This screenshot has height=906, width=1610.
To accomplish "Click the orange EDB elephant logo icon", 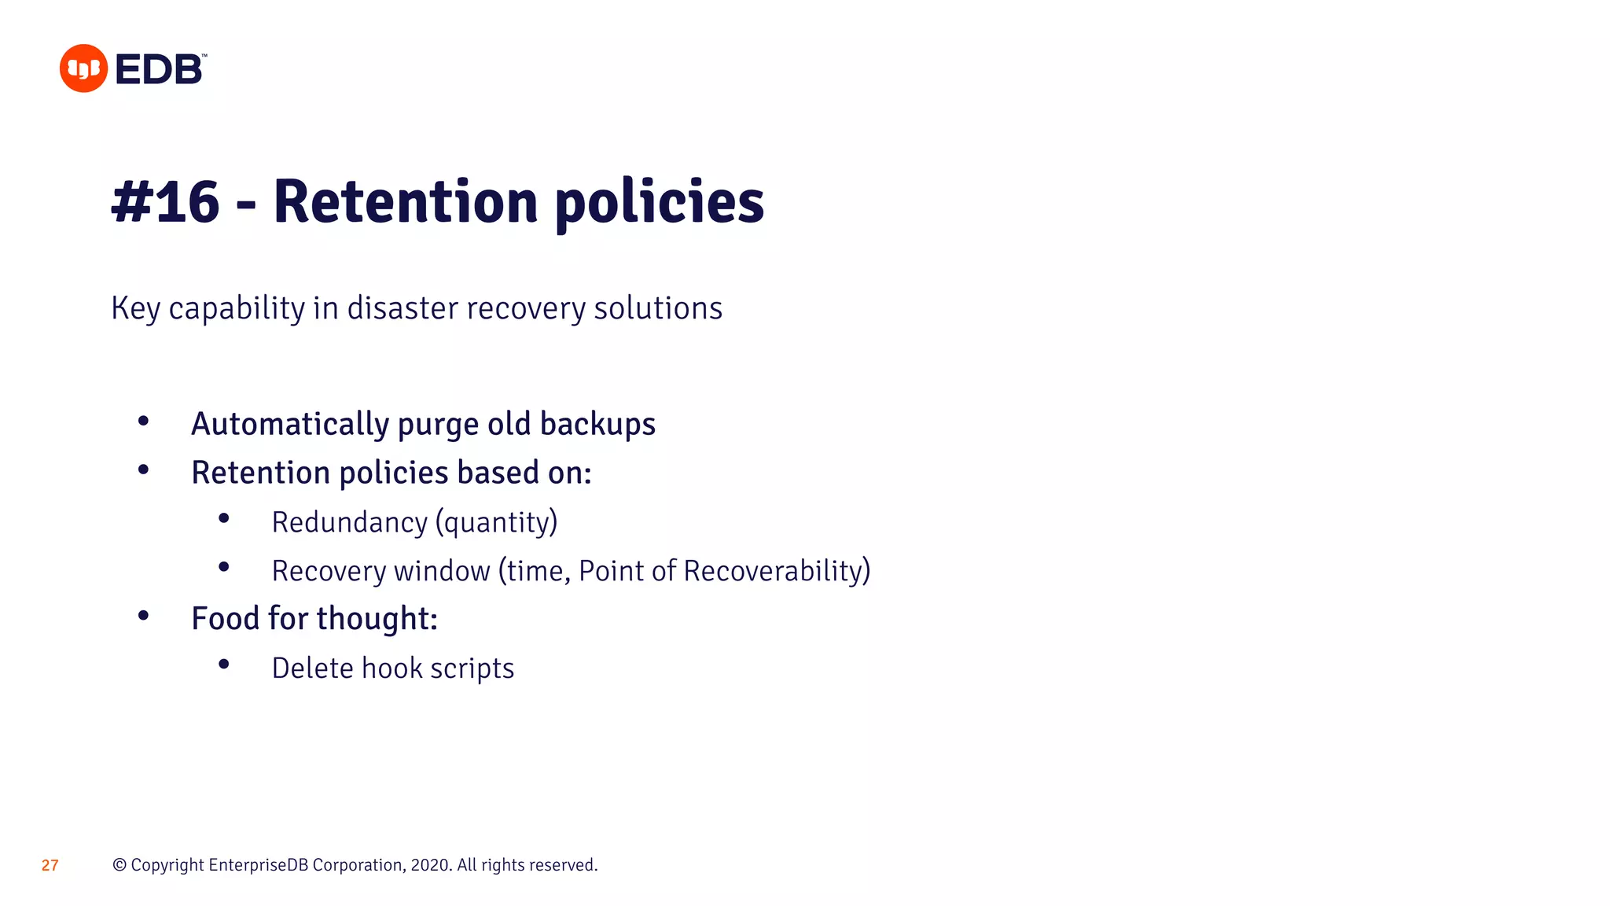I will point(83,68).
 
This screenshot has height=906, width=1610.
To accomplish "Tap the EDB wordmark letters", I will point(160,69).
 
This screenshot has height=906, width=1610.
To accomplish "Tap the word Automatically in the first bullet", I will point(290,424).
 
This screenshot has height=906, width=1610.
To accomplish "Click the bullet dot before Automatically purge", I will point(143,422).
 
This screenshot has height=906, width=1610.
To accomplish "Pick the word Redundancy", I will point(349,522).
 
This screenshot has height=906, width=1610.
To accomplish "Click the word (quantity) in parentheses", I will point(496,523).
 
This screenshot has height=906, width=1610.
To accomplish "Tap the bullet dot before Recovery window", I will point(224,567).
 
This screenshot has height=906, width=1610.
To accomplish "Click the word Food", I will point(226,618).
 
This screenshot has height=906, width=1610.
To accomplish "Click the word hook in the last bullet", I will point(392,668).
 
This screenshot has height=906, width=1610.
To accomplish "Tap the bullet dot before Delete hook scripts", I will point(224,665).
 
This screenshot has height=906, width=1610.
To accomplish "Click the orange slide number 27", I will point(50,865).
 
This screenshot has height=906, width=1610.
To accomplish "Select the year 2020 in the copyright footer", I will point(430,865).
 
